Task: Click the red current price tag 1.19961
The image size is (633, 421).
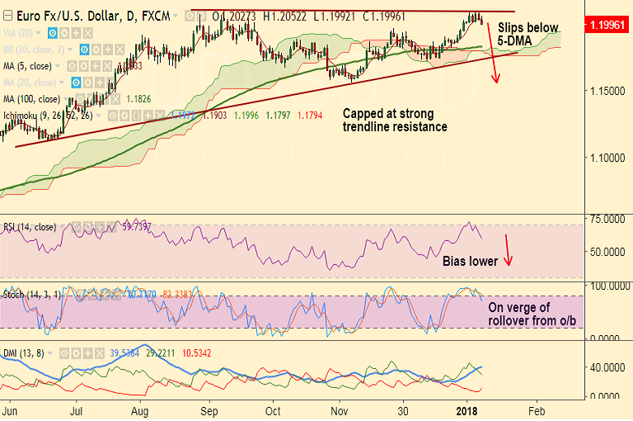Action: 607,26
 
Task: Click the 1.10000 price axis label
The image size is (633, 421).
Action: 604,156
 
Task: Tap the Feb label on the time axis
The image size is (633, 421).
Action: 537,409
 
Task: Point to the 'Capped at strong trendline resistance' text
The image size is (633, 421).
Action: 395,121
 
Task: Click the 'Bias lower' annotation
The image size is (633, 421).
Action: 470,262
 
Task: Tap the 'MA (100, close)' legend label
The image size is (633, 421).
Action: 38,98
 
